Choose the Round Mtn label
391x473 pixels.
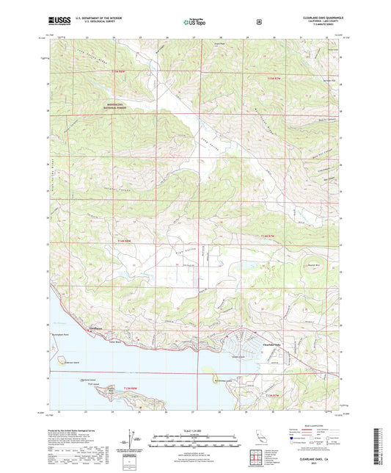[x=313, y=265]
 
